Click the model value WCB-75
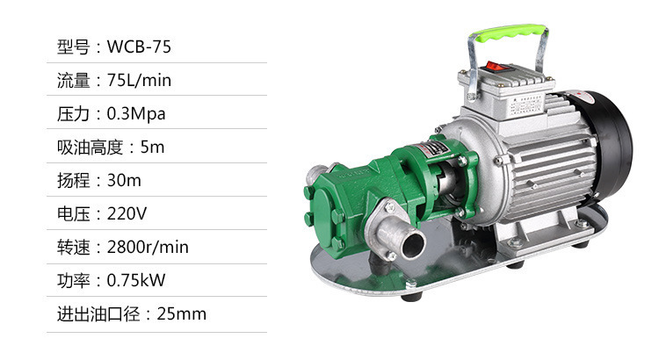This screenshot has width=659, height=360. [139, 47]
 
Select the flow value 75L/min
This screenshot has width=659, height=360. [139, 80]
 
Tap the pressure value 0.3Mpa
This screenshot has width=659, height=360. [136, 114]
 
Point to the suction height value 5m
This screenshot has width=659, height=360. [152, 147]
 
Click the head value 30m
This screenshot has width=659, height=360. [124, 180]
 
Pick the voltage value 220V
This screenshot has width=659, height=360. [127, 213]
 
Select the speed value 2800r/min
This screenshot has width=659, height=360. [148, 247]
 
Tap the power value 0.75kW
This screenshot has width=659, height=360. [136, 280]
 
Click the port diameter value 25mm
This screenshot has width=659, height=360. [182, 313]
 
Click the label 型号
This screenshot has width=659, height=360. [74, 47]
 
